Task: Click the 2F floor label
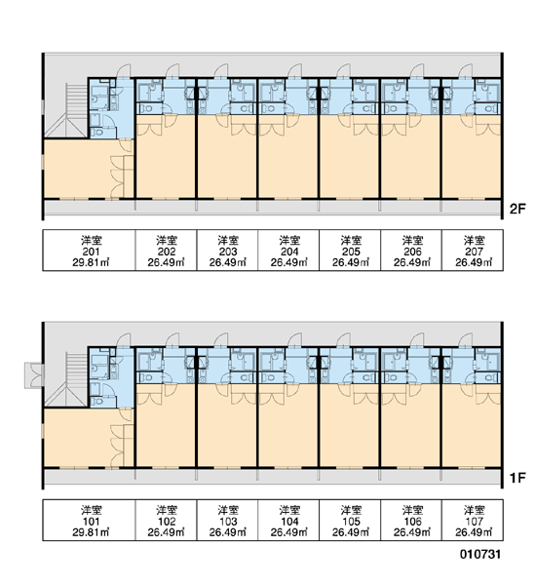coord(517,209)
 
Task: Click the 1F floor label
coord(517,478)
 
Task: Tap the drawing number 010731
coord(480,555)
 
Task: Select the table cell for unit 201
coord(89,250)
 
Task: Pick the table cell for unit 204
coord(288,250)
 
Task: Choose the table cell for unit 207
coord(473,250)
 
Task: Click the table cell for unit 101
coord(89,520)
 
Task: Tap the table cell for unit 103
coord(227,520)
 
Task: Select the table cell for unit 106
coord(411,520)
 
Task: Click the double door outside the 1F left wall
coord(34,375)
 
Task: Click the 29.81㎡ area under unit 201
coord(91,262)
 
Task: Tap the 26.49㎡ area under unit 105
coord(351,532)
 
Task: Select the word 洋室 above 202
coord(167,239)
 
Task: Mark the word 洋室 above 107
coord(474,509)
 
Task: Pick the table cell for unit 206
coord(411,250)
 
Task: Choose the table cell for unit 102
coord(166,520)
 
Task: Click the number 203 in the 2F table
coord(227,252)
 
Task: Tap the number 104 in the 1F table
coord(289,522)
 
